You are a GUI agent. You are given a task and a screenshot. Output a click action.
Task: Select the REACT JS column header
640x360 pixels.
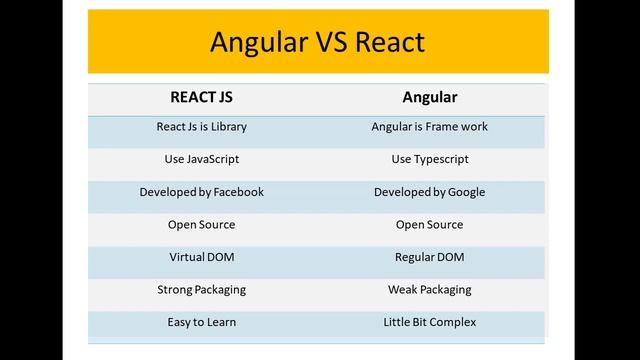pyautogui.click(x=202, y=98)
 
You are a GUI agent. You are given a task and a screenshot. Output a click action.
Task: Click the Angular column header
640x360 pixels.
pyautogui.click(x=430, y=98)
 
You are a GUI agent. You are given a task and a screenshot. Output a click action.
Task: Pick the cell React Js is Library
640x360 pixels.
pyautogui.click(x=202, y=127)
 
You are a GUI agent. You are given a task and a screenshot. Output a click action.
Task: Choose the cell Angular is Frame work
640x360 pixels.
pyautogui.click(x=430, y=127)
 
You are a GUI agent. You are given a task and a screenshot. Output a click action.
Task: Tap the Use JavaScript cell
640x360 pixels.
pyautogui.click(x=202, y=159)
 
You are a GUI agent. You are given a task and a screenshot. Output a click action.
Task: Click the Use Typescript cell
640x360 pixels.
pyautogui.click(x=430, y=159)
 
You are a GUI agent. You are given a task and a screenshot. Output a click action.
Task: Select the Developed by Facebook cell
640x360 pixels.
pyautogui.click(x=202, y=192)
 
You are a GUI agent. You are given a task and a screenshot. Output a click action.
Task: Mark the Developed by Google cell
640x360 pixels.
pyautogui.click(x=430, y=192)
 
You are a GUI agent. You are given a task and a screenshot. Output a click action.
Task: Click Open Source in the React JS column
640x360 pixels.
pyautogui.click(x=202, y=224)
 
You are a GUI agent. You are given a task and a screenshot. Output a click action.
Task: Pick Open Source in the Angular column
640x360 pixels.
pyautogui.click(x=430, y=224)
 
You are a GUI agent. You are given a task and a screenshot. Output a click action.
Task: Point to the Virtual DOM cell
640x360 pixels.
pyautogui.click(x=202, y=257)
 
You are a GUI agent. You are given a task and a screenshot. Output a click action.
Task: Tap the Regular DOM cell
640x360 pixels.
pyautogui.click(x=430, y=257)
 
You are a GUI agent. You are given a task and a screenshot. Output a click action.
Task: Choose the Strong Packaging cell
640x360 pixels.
pyautogui.click(x=202, y=290)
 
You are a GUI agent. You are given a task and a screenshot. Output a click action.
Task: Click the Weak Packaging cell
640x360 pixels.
pyautogui.click(x=430, y=290)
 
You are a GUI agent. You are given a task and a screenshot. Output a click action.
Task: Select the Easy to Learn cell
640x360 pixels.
pyautogui.click(x=202, y=322)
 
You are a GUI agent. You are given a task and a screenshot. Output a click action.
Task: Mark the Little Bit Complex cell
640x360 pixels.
pyautogui.click(x=430, y=322)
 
